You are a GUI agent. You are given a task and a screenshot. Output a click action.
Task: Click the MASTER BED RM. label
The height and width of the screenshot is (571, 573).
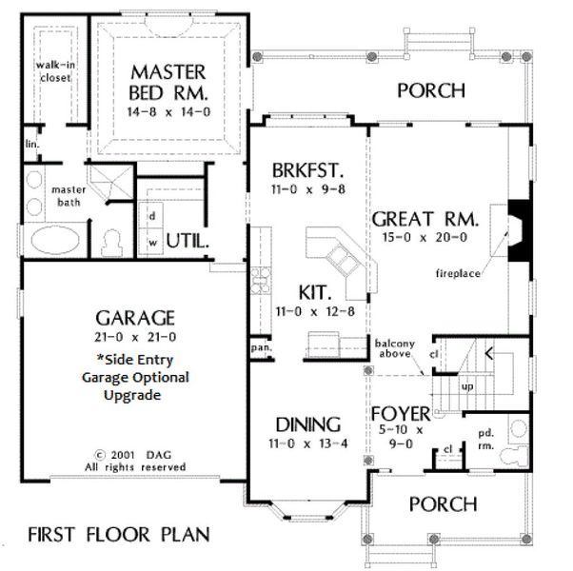[x=168, y=83]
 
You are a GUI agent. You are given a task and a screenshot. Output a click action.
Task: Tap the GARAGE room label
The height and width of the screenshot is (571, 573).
[x=135, y=318]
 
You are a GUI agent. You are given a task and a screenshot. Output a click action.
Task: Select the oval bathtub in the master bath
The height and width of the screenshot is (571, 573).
[x=55, y=239]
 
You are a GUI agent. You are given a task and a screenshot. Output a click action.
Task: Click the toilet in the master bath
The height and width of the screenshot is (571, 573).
[x=111, y=244]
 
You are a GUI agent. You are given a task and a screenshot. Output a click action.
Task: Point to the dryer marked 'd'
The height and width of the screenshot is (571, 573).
[x=151, y=216]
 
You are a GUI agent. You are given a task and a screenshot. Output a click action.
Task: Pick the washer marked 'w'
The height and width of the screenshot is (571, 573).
[x=151, y=242]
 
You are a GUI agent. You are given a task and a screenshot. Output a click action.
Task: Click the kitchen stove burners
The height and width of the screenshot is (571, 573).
[x=261, y=281]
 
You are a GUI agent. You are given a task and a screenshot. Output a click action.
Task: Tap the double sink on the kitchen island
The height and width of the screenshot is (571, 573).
[x=343, y=260]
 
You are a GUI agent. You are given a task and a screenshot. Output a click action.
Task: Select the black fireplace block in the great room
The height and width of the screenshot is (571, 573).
[x=519, y=230]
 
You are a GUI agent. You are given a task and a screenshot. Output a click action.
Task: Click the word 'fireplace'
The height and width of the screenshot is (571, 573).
[x=458, y=273]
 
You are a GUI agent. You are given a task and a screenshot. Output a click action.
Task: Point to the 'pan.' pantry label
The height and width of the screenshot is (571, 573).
[x=261, y=347]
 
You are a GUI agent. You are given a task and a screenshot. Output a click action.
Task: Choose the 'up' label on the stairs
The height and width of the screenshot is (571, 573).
[x=467, y=387]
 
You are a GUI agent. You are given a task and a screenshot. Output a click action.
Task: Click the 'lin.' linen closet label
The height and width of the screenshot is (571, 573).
[x=31, y=144]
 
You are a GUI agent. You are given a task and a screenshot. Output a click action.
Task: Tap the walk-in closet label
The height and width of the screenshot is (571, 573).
[x=55, y=71]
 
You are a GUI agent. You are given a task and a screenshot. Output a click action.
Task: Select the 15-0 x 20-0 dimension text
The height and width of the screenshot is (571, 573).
[x=425, y=238]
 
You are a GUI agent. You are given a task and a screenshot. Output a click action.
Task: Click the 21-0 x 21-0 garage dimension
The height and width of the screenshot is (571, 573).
[x=135, y=337]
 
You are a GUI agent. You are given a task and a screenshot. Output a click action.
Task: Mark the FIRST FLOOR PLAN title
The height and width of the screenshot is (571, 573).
[x=119, y=535]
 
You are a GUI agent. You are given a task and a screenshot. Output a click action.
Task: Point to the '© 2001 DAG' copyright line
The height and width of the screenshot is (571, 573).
[x=133, y=455]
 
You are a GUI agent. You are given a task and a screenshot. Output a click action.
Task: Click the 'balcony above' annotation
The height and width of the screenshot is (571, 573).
[x=395, y=348]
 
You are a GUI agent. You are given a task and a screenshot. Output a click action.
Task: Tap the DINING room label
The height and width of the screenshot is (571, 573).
[x=308, y=424]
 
